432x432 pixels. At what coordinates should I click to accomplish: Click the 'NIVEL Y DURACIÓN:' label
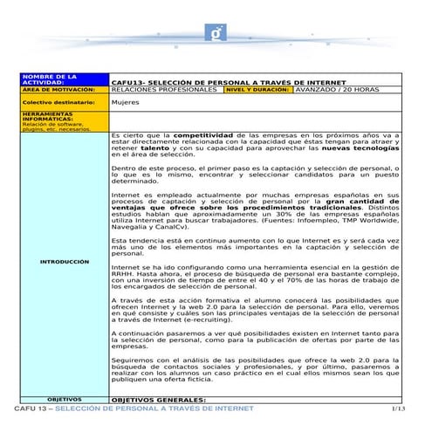(253, 89)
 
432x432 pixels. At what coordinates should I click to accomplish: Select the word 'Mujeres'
(125, 102)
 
